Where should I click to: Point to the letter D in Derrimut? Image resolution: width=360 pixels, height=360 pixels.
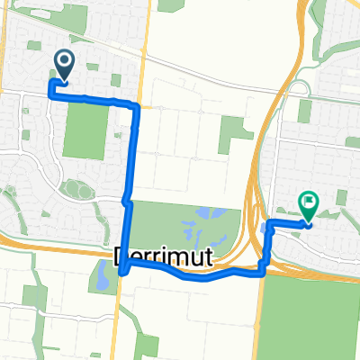point(124,259)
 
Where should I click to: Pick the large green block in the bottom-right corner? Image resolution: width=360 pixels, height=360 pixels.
point(310,310)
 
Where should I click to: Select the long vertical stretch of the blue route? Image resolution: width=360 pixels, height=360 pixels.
point(132,153)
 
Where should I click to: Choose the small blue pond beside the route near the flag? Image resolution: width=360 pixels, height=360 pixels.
point(264,229)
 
